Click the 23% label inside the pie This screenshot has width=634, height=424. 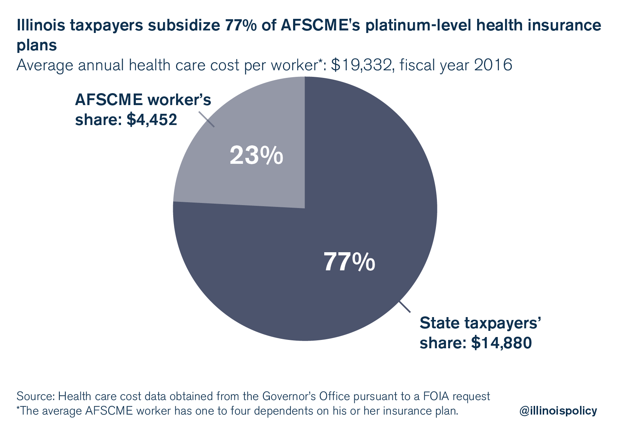256,156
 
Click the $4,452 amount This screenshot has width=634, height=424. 152,120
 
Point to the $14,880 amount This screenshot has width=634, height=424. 501,342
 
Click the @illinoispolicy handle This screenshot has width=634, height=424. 558,411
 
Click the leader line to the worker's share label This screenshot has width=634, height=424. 207,119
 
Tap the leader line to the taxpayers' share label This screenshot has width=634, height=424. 405,307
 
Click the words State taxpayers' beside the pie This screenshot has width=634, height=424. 480,323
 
